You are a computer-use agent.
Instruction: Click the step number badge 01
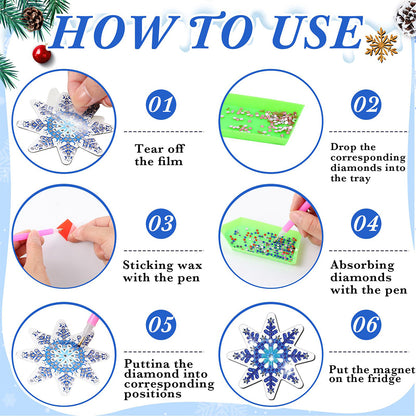(x=161, y=102)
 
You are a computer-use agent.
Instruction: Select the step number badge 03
(x=161, y=222)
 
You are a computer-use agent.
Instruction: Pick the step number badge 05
(x=161, y=325)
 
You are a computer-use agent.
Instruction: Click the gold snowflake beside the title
(x=380, y=45)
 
